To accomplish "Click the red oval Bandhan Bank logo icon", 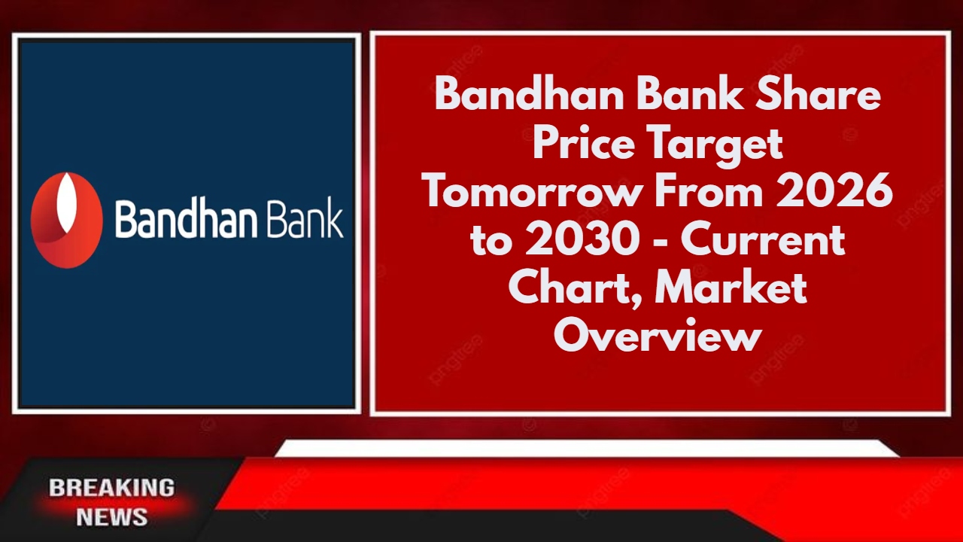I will click(66, 220).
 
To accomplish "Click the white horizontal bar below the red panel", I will click(587, 449).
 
